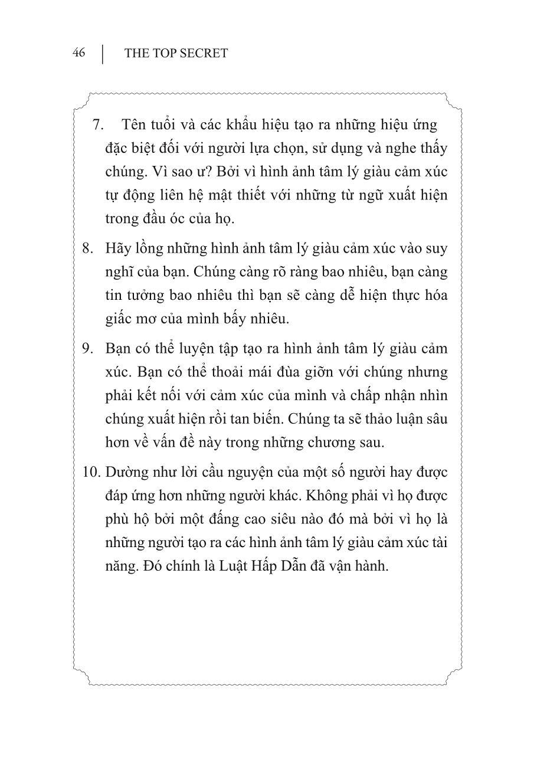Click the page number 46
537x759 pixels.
point(78,53)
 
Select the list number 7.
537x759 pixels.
point(98,125)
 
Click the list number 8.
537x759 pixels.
point(88,248)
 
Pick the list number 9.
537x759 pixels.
point(88,348)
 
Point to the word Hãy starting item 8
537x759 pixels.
point(117,248)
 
